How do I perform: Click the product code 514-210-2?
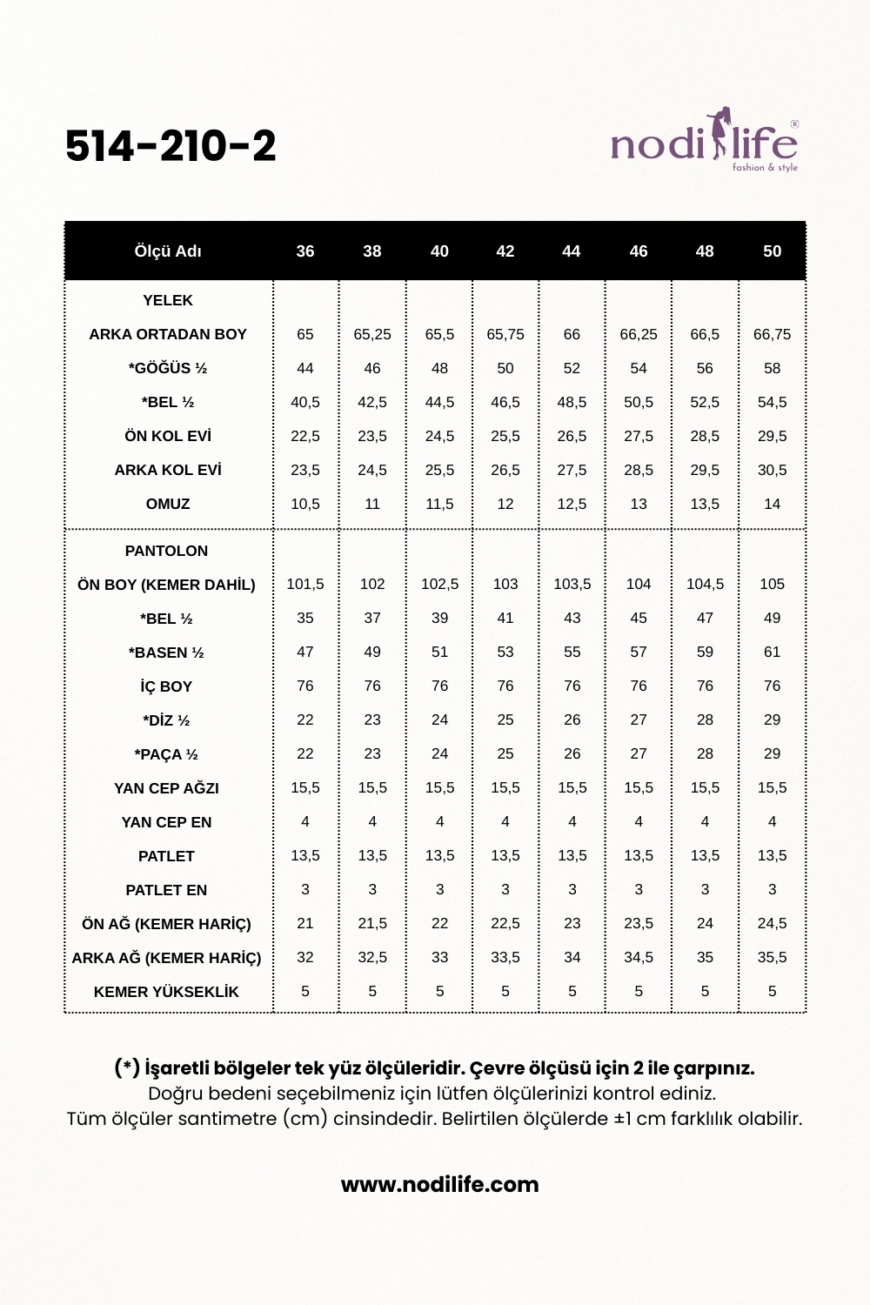coord(171,146)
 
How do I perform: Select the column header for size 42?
coord(505,251)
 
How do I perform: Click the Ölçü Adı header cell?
coord(168,251)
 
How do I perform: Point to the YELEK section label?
coord(168,300)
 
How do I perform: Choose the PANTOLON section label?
coord(166,551)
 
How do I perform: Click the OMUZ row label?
coord(168,504)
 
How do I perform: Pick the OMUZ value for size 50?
coord(772,504)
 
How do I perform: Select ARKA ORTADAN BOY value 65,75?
coord(505,334)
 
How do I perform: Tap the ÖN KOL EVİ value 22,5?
coord(305,436)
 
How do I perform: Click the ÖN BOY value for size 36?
coord(305,584)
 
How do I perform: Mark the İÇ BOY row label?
coord(166,686)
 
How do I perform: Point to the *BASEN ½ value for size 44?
coord(572,652)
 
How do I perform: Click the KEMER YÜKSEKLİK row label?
coord(166,992)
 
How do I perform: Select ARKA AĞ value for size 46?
coord(639,957)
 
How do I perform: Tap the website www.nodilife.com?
coord(439,1184)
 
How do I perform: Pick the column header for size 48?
coord(705,251)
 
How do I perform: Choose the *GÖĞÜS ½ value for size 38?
coord(372,368)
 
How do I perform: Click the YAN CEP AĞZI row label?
coord(166,788)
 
